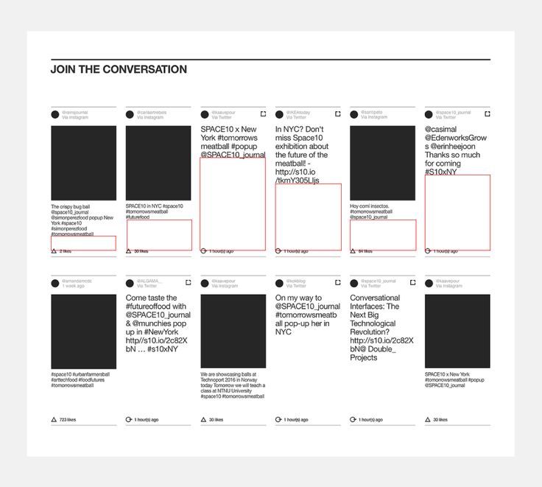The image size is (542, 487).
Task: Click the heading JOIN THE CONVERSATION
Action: pyautogui.click(x=119, y=70)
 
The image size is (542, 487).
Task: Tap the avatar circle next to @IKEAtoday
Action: pyautogui.click(x=278, y=114)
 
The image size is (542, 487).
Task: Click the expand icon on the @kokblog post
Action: pyautogui.click(x=338, y=283)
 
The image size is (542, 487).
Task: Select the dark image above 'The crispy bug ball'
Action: pyautogui.click(x=83, y=163)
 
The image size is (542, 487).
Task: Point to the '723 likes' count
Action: pyautogui.click(x=68, y=420)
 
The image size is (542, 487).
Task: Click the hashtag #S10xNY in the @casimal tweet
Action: pyautogui.click(x=440, y=172)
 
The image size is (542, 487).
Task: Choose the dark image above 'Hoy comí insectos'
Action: pyautogui.click(x=382, y=163)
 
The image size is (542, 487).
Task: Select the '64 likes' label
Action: pyautogui.click(x=365, y=251)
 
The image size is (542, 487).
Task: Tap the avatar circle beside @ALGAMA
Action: pyautogui.click(x=129, y=284)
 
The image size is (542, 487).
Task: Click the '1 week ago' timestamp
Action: pyautogui.click(x=73, y=286)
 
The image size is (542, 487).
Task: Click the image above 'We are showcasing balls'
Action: pyautogui.click(x=233, y=331)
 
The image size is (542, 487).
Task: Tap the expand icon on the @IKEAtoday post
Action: pyautogui.click(x=338, y=113)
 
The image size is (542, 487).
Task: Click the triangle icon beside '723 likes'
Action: pyautogui.click(x=54, y=420)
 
